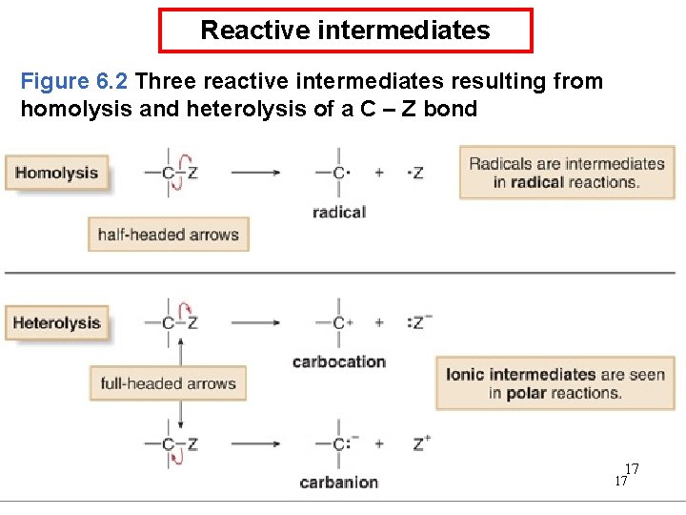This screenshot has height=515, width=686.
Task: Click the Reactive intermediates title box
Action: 345,31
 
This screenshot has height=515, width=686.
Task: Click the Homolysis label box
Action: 57,173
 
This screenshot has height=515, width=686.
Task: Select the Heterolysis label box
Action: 57,322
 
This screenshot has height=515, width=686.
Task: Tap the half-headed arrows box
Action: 169,234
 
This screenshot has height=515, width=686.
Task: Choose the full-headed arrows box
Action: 168,383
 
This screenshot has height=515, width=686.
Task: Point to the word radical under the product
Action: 339,212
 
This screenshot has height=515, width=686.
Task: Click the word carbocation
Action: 339,361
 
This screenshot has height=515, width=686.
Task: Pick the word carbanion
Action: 339,483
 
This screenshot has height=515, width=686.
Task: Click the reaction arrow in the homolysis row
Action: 255,173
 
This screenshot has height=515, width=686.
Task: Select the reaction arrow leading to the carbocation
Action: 255,322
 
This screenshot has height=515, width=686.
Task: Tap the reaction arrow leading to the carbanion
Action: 255,443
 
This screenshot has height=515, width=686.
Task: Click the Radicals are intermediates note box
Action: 567,172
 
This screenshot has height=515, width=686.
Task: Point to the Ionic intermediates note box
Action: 555,383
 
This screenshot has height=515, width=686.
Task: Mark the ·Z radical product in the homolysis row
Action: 415,173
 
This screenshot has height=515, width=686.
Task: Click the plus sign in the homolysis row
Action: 379,173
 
